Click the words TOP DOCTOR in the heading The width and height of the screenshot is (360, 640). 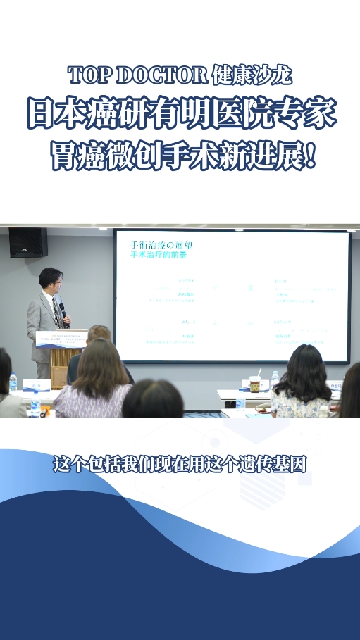[138, 75]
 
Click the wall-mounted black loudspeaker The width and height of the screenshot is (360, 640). [28, 242]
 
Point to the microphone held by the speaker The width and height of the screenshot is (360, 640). [63, 309]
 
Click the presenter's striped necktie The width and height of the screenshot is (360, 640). [55, 310]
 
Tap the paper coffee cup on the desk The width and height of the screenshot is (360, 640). [255, 384]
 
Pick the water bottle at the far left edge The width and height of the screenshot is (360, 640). [13, 383]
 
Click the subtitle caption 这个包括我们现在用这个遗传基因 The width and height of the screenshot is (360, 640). [180, 465]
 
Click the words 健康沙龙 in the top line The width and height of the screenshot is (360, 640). [252, 75]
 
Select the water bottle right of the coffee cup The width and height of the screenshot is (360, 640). [275, 380]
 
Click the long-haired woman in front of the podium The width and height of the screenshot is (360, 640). [97, 380]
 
